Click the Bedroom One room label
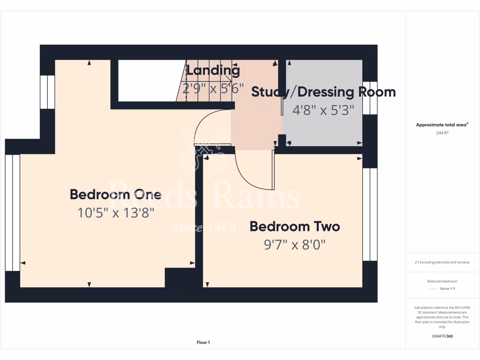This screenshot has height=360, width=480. point(115,194)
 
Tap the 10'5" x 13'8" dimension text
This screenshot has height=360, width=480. point(115,213)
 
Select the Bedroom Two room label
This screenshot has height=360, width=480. point(294,226)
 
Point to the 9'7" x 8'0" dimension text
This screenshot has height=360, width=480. point(294,245)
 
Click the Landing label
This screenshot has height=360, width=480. point(213,71)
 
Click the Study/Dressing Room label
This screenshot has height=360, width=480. point(323,92)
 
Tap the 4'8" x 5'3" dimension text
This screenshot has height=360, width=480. point(323,110)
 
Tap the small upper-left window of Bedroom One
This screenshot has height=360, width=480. point(47,92)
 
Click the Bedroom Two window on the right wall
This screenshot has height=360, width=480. point(370,214)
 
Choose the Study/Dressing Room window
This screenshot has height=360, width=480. point(370,98)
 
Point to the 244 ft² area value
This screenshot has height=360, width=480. point(442,133)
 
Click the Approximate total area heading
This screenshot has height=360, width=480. point(442,125)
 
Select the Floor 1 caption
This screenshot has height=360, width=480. point(203,343)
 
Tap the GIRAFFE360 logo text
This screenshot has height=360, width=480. point(442,336)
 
